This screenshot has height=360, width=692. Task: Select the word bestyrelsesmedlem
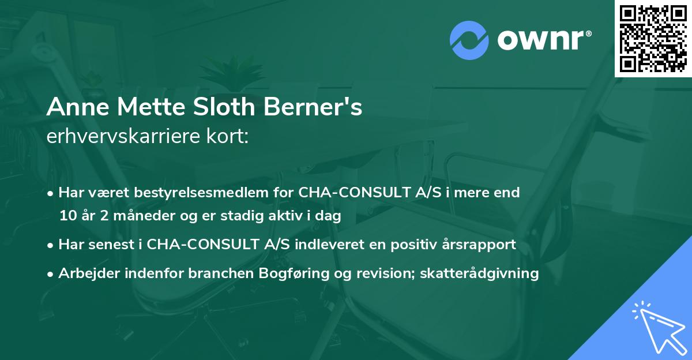[x=191, y=192]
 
